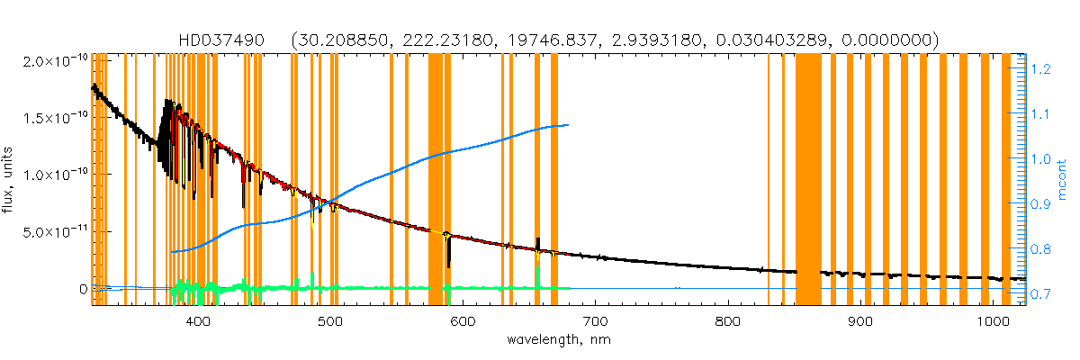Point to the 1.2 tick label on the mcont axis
1041,68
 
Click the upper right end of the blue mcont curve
567,125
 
